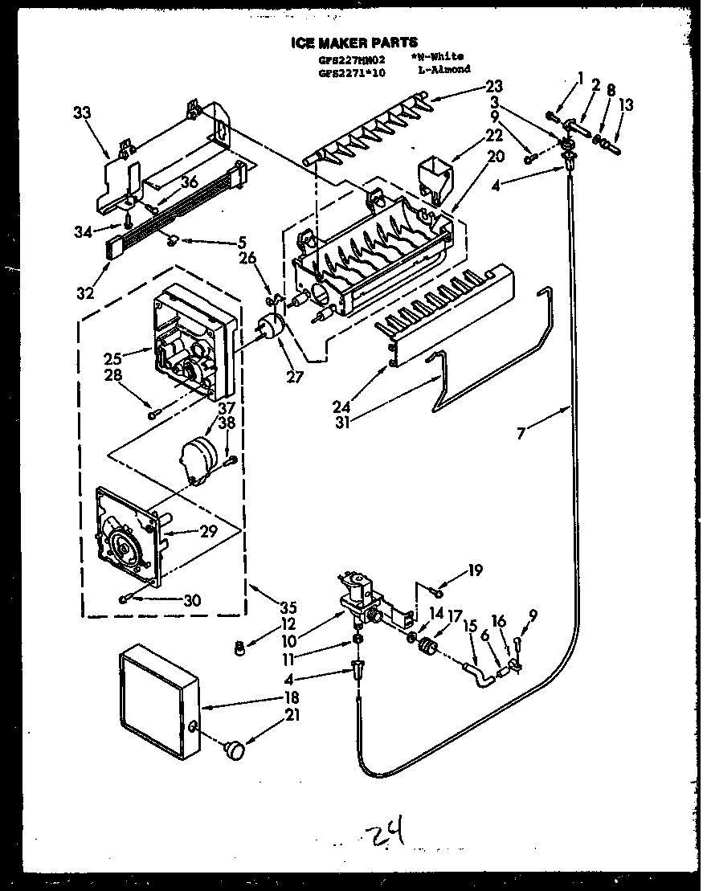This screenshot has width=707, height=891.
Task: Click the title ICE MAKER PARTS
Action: (353, 43)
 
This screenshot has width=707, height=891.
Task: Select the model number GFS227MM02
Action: (353, 59)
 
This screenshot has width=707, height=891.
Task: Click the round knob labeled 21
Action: (235, 750)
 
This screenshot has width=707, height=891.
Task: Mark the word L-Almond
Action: (443, 71)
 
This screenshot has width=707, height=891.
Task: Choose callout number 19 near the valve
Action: (475, 571)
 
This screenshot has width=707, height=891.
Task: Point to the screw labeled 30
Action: (124, 599)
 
